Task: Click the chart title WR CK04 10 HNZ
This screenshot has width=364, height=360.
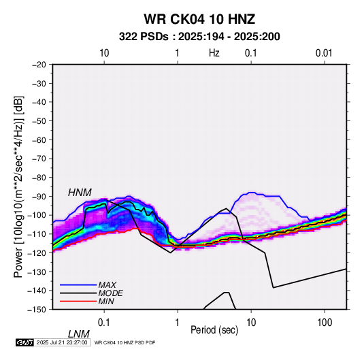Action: pos(199,19)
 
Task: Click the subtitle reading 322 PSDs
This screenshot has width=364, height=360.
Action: pos(144,37)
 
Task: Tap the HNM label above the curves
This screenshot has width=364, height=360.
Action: pos(80,193)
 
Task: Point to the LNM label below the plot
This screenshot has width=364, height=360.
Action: pos(78,334)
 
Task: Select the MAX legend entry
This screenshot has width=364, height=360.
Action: pos(107,285)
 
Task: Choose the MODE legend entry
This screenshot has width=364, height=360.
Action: pos(110,293)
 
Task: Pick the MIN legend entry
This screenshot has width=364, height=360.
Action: pos(106,301)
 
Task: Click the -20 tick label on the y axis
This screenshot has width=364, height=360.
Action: pos(39,65)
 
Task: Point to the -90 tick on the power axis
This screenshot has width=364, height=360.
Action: pos(39,197)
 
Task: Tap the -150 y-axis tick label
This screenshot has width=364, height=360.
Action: pos(37,310)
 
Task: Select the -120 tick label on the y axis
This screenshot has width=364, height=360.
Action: pos(37,253)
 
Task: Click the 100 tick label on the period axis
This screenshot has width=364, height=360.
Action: pos(325,323)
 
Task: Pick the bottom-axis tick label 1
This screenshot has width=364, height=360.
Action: pos(178,323)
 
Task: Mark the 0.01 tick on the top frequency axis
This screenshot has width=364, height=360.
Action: pos(324,53)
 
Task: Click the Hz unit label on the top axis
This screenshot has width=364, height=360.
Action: pos(214,53)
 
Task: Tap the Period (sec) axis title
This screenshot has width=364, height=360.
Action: pos(214,330)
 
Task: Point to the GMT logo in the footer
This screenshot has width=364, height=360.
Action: pos(24,342)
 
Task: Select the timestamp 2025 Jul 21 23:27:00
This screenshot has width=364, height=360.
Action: pos(62,342)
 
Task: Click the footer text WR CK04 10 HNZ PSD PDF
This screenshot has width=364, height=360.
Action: pos(125,342)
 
